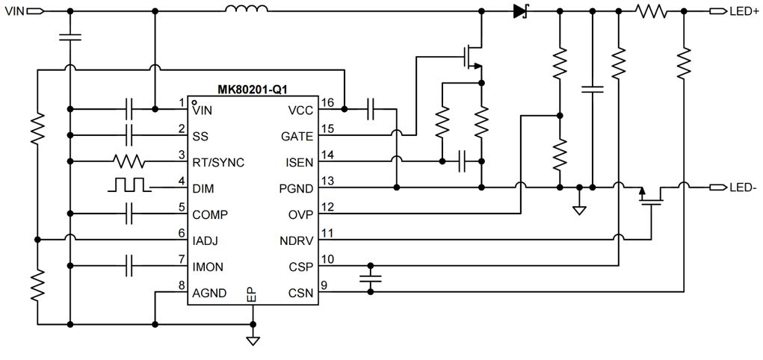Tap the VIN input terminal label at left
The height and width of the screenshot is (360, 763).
pyautogui.click(x=14, y=11)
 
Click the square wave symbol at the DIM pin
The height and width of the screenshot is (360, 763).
pyautogui.click(x=128, y=185)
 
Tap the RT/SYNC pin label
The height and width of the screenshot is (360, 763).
pyautogui.click(x=217, y=162)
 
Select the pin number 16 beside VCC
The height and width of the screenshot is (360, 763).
pyautogui.click(x=327, y=102)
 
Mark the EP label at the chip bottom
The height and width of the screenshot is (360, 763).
pyautogui.click(x=253, y=295)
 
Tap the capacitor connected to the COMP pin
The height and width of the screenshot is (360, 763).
pyautogui.click(x=130, y=214)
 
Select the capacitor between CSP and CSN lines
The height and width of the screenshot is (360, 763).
pyautogui.click(x=370, y=279)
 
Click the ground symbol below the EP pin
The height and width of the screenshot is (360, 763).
pyautogui.click(x=253, y=341)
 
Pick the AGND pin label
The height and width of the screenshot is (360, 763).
pyautogui.click(x=209, y=293)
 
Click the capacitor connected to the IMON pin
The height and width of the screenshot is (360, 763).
pyautogui.click(x=130, y=266)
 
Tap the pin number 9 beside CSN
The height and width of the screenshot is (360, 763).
pyautogui.click(x=324, y=285)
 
